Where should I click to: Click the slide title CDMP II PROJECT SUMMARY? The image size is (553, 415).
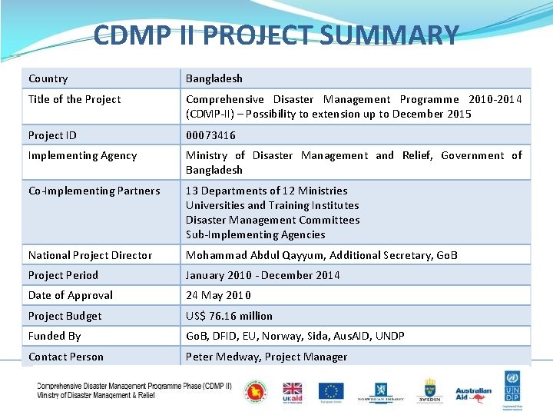click(276, 35)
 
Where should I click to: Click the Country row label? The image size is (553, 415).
click(48, 78)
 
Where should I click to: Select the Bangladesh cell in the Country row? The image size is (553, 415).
click(214, 78)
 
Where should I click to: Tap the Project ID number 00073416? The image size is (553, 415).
click(210, 135)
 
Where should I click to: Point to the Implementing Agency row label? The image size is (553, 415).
click(82, 155)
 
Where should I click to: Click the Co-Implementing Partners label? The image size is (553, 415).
click(94, 191)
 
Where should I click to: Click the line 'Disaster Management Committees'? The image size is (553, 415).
click(273, 220)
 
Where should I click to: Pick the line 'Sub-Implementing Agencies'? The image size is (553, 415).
click(255, 234)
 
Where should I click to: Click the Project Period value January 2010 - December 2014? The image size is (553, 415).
click(263, 275)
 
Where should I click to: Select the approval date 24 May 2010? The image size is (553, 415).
click(218, 295)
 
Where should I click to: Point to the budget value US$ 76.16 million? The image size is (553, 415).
click(229, 316)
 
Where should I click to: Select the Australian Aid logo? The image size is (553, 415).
click(473, 393)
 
